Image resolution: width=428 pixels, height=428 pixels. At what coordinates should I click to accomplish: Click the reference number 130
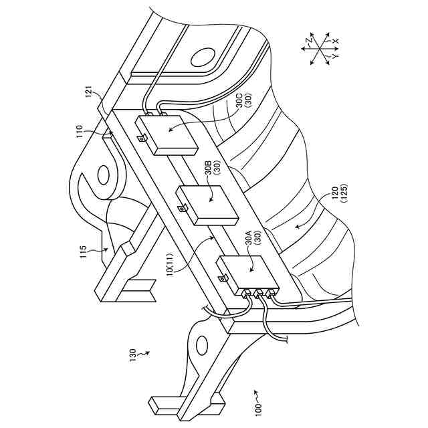(132, 351)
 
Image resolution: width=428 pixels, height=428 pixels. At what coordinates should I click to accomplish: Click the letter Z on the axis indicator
(309, 41)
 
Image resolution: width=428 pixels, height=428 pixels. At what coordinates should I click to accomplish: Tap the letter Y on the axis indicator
(332, 59)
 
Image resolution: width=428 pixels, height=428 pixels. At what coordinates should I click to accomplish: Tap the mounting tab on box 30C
(142, 138)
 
